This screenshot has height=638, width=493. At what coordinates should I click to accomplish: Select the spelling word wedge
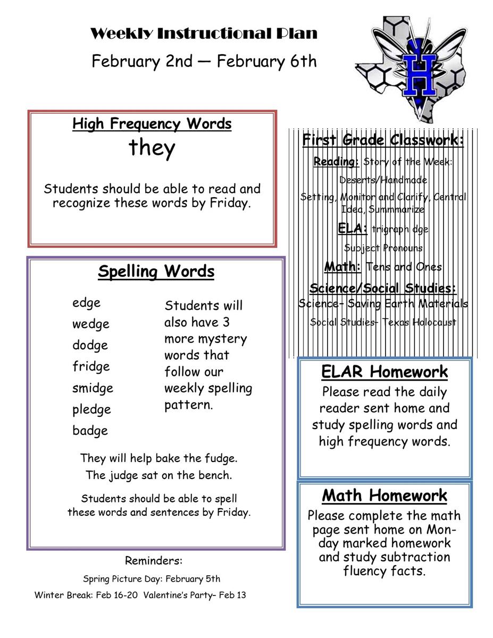pos(91,324)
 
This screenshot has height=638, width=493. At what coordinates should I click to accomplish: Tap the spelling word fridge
pos(91,367)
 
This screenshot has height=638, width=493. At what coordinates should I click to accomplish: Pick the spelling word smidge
pos(93,388)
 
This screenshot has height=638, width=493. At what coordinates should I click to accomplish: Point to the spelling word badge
pos(90,431)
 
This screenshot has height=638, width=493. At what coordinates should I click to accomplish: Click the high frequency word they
pos(152,148)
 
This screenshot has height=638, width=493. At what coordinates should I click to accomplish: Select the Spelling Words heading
pos(156,272)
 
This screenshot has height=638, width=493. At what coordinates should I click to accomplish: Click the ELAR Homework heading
pos(385,372)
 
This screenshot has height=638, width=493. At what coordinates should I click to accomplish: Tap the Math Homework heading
pos(385,496)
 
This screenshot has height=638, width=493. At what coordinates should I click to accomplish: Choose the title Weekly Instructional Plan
pos(204,34)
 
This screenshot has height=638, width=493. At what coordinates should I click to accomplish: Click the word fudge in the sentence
pos(220,458)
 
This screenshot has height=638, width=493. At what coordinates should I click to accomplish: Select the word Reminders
pos(154,560)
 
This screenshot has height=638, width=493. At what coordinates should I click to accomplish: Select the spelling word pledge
pos(91,410)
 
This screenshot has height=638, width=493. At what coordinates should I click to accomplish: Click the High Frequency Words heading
pos(152,124)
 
